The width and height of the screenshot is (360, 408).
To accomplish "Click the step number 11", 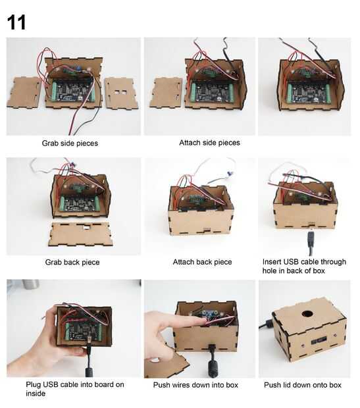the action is click(x=16, y=22).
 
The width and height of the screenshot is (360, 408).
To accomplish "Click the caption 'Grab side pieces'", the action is click(x=70, y=143).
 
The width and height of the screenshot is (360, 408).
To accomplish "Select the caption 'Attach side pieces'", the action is click(x=209, y=143).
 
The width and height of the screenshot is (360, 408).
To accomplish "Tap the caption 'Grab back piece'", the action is click(x=72, y=262).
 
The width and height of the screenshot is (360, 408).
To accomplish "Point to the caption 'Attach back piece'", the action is click(x=202, y=262).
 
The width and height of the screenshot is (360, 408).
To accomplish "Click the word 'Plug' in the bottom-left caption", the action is click(x=34, y=384).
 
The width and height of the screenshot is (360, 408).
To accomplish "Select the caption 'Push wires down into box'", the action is click(x=195, y=385).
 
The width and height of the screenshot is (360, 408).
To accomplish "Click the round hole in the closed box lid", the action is click(x=307, y=313).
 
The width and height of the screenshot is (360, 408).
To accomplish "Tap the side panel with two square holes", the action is click(x=121, y=93).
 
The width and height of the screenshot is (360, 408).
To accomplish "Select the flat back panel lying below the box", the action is click(x=81, y=234).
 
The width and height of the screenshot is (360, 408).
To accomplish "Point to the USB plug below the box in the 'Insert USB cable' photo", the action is click(x=311, y=240).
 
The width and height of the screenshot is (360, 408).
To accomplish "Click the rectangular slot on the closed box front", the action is click(x=319, y=340).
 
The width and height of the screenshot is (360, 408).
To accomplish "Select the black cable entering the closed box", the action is click(x=265, y=324).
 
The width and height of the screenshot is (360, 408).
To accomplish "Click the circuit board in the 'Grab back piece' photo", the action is click(x=79, y=204).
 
